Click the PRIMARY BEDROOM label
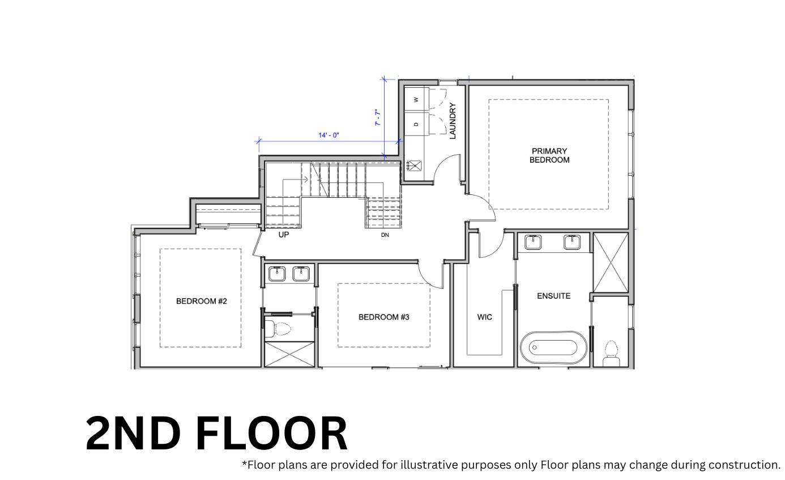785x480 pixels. tap(549, 155)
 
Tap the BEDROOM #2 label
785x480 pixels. tap(201, 301)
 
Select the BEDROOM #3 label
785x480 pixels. tap(383, 317)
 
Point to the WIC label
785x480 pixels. tap(484, 317)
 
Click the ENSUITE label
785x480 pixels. tap(553, 296)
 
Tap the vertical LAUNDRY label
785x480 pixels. tap(452, 121)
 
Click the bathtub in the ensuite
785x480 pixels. tap(553, 347)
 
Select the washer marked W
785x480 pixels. tap(416, 100)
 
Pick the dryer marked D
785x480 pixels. tap(416, 124)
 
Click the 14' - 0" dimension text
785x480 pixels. tap(328, 135)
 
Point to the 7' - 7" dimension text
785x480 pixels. tap(377, 117)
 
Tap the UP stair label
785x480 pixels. tap(283, 235)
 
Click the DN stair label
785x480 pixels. tap(385, 235)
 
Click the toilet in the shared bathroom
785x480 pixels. tap(279, 329)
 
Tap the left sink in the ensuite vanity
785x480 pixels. tap(533, 242)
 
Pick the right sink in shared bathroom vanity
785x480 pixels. tap(301, 274)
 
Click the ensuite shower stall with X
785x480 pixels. tap(610, 262)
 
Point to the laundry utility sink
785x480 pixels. tap(415, 165)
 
